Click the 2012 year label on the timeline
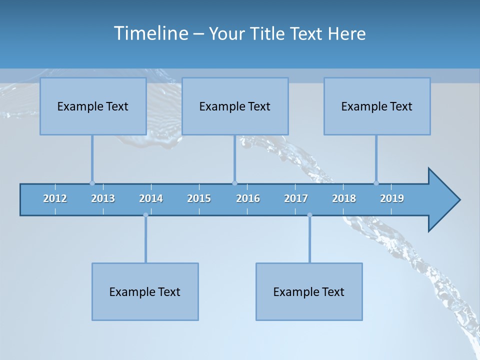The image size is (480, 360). (x=55, y=198)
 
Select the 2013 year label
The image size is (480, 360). (x=103, y=198)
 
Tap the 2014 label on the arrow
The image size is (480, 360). (x=151, y=198)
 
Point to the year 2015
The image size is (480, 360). (x=199, y=198)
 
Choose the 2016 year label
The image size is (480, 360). (x=248, y=198)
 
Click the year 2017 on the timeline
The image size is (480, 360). (x=296, y=198)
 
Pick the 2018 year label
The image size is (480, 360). (x=344, y=198)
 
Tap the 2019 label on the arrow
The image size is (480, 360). (x=392, y=198)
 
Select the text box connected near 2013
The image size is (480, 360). (x=93, y=106)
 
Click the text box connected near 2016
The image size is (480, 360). (x=235, y=106)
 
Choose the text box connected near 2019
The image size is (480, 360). (x=377, y=106)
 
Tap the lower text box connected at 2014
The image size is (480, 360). (x=145, y=291)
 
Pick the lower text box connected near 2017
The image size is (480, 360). (x=309, y=291)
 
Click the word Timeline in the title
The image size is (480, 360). (x=150, y=33)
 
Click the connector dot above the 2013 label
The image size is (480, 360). (x=92, y=183)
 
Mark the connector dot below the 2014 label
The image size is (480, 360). (x=145, y=215)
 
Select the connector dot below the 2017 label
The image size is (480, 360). (x=309, y=215)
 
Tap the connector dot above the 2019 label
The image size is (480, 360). (x=376, y=183)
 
